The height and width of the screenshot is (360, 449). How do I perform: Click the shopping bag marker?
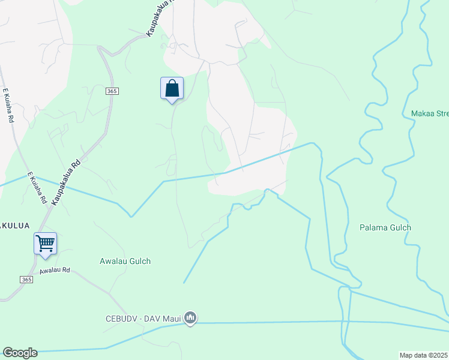(x=172, y=88)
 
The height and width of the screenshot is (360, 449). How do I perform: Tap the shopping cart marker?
(x=45, y=244)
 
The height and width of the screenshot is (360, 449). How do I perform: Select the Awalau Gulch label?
(x=125, y=261)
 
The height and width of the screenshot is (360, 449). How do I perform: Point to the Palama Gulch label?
(x=385, y=227)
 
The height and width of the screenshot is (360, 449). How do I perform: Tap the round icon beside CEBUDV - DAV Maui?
(x=190, y=317)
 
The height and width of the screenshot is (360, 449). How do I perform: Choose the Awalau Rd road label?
(x=55, y=271)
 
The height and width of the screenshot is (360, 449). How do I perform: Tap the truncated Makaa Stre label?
(x=429, y=113)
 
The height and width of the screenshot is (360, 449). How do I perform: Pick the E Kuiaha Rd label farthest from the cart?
(x=8, y=106)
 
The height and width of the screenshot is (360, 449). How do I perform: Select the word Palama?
(x=373, y=227)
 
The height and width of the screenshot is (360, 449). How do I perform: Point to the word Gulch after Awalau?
(x=139, y=261)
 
